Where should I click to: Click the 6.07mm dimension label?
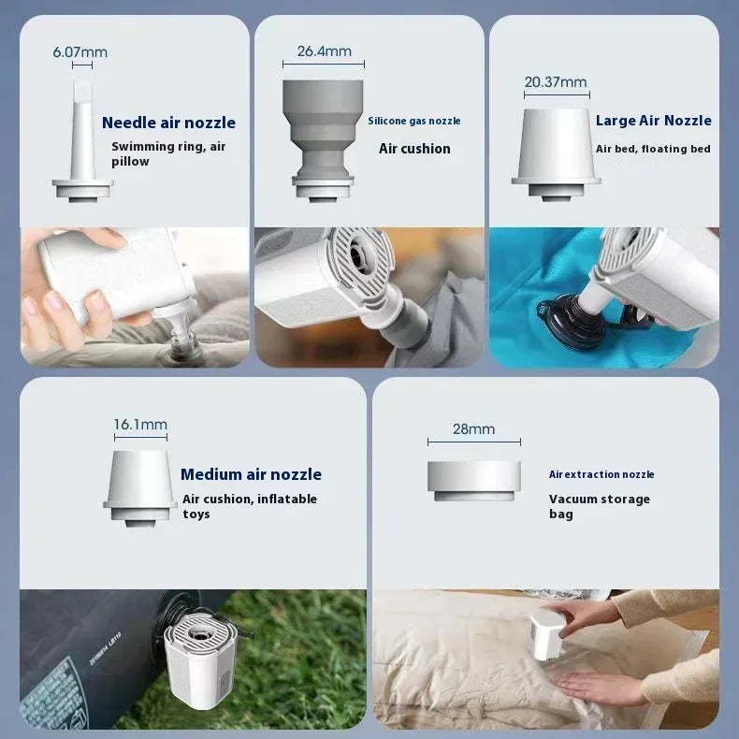click(80, 51)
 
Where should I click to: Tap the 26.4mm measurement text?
click(325, 51)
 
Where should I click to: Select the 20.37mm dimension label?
click(556, 82)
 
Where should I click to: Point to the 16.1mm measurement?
click(140, 424)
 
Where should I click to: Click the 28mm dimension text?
click(473, 428)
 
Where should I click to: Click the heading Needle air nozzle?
click(168, 123)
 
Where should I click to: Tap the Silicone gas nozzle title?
click(414, 121)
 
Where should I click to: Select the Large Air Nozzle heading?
click(653, 121)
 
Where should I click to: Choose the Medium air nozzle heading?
click(252, 474)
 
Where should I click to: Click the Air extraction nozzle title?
click(601, 474)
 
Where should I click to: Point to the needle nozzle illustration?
click(82, 141)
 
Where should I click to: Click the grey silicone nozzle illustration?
click(323, 141)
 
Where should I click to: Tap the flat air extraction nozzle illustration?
click(474, 481)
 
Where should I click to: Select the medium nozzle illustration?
click(140, 488)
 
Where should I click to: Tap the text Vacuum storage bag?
click(600, 506)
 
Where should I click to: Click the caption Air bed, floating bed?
click(653, 149)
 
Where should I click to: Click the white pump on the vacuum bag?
click(549, 634)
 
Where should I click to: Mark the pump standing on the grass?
click(199, 659)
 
